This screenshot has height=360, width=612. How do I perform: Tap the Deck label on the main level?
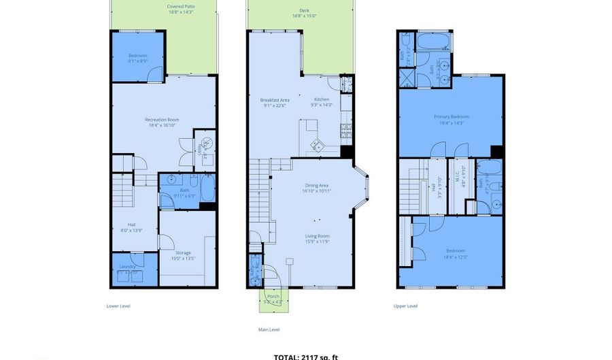tap(304, 14)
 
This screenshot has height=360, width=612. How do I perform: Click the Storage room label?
tap(183, 255)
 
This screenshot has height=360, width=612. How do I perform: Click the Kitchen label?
tap(321, 102)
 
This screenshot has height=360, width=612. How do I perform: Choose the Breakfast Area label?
tap(275, 103)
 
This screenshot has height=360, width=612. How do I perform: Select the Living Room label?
tap(317, 238)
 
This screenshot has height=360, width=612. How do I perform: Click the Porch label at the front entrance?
tap(273, 298)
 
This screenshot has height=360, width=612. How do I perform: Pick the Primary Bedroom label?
tap(452, 119)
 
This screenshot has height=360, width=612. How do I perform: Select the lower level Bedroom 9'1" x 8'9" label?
tap(137, 59)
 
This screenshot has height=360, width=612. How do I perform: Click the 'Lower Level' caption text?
tap(118, 306)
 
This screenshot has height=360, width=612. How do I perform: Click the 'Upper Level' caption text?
tap(405, 306)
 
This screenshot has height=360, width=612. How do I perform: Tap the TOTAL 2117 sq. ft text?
tap(306, 356)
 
